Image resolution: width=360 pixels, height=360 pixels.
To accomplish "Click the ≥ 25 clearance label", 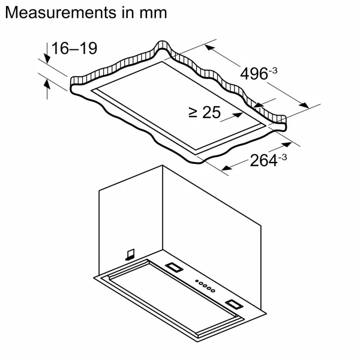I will point(205,112).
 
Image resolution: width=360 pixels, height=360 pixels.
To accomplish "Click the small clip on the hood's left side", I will point(130,255).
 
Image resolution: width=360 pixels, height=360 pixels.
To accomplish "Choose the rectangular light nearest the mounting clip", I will point(175,267).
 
